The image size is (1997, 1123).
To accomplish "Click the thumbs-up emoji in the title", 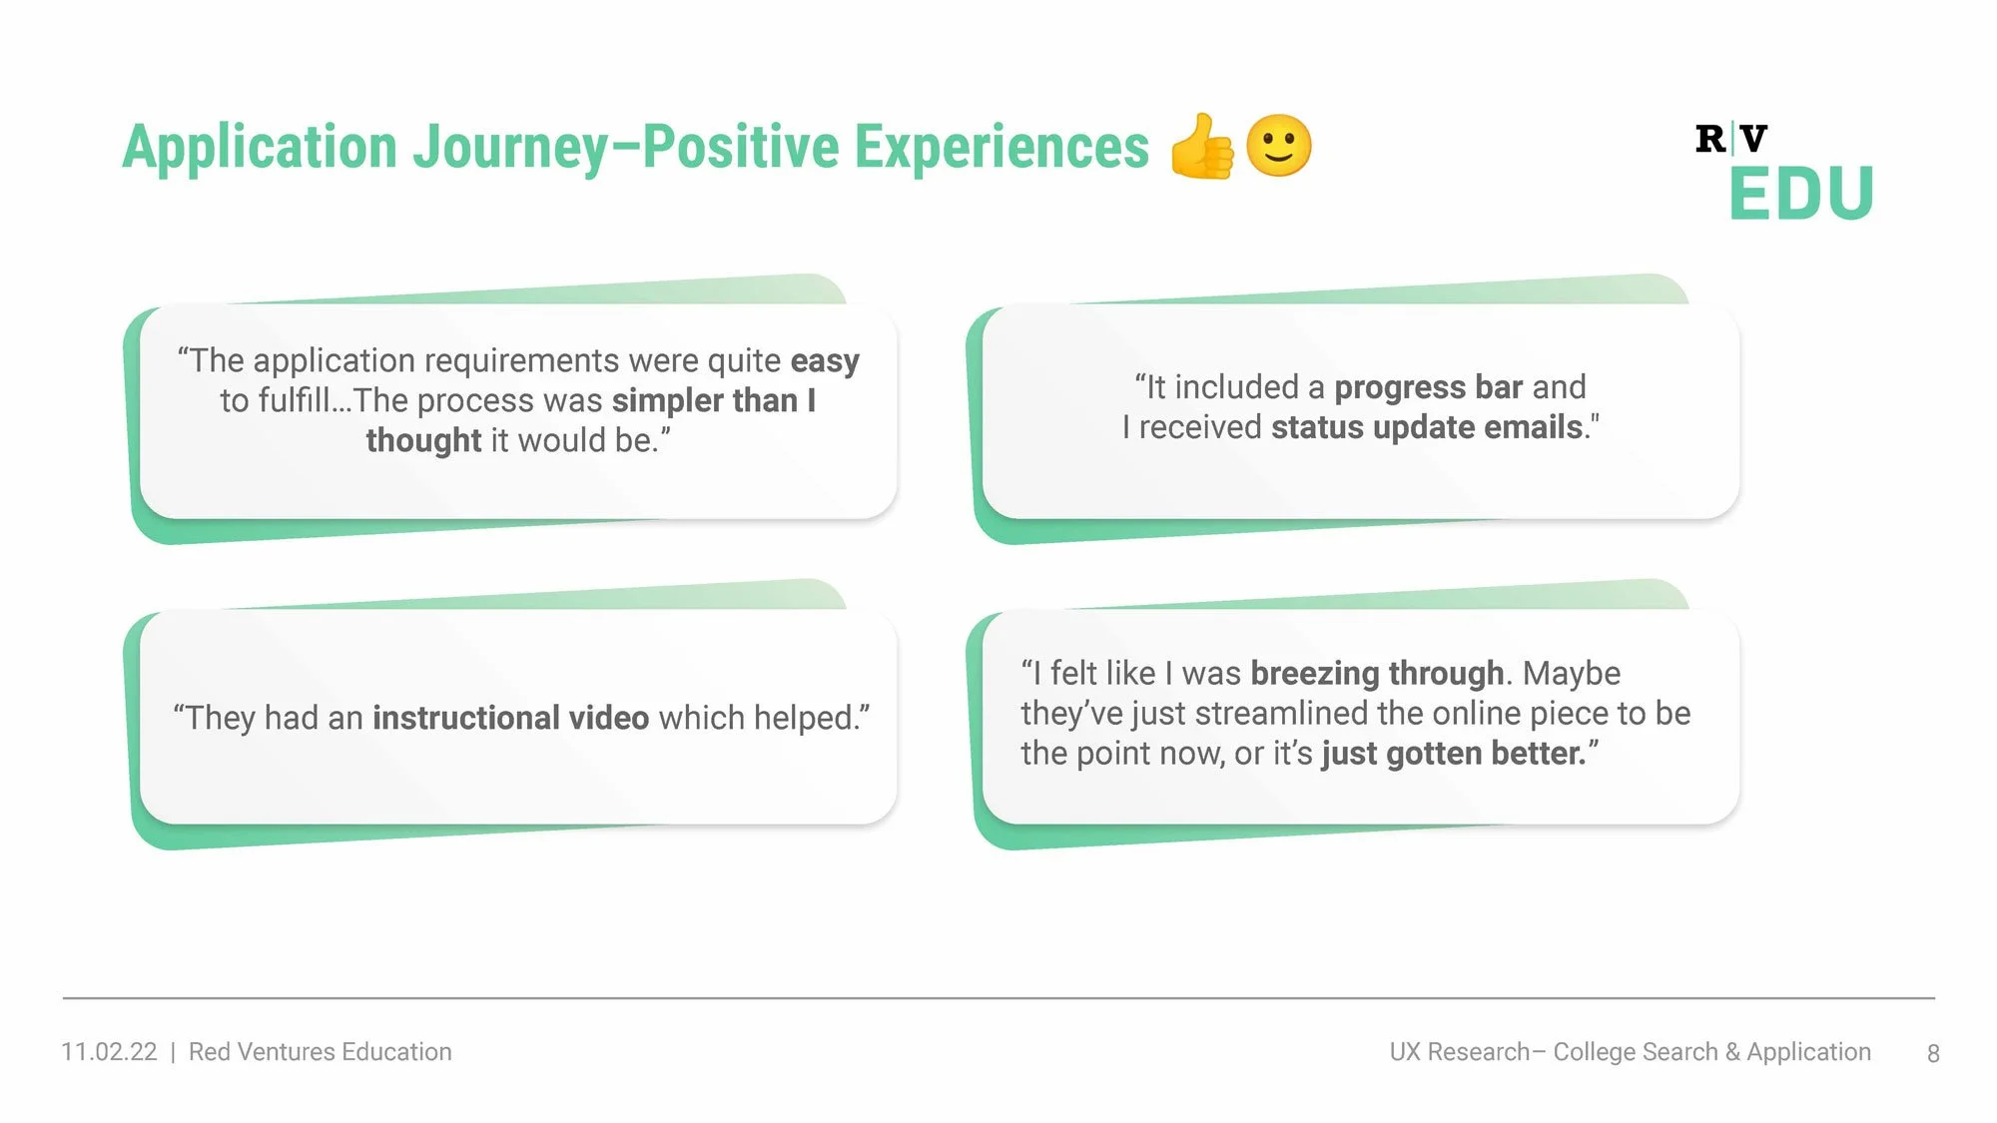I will tap(1202, 147).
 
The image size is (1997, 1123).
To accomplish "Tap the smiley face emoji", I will tap(1279, 146).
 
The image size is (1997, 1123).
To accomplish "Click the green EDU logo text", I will tap(1801, 194).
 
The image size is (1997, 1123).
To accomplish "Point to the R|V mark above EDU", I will tap(1730, 139).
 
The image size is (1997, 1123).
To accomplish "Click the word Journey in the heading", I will tap(510, 148).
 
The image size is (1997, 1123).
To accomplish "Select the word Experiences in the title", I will tap(1001, 148).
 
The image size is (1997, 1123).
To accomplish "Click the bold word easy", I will tap(825, 360).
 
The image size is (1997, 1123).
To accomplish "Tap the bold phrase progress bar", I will tap(1428, 387).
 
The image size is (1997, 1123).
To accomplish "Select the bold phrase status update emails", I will tap(1427, 427).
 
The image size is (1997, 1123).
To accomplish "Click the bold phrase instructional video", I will tap(510, 718).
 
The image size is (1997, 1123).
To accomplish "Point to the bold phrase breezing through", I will tap(1377, 674).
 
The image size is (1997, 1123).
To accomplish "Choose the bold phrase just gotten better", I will tap(1454, 754).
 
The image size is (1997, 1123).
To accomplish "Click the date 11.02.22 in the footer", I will tap(109, 1052).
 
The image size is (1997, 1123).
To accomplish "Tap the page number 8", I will tap(1933, 1053).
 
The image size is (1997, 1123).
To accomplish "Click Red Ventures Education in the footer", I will tap(320, 1052).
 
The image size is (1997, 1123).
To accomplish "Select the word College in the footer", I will tap(1594, 1052).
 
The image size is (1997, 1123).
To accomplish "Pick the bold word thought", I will tap(423, 440).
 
